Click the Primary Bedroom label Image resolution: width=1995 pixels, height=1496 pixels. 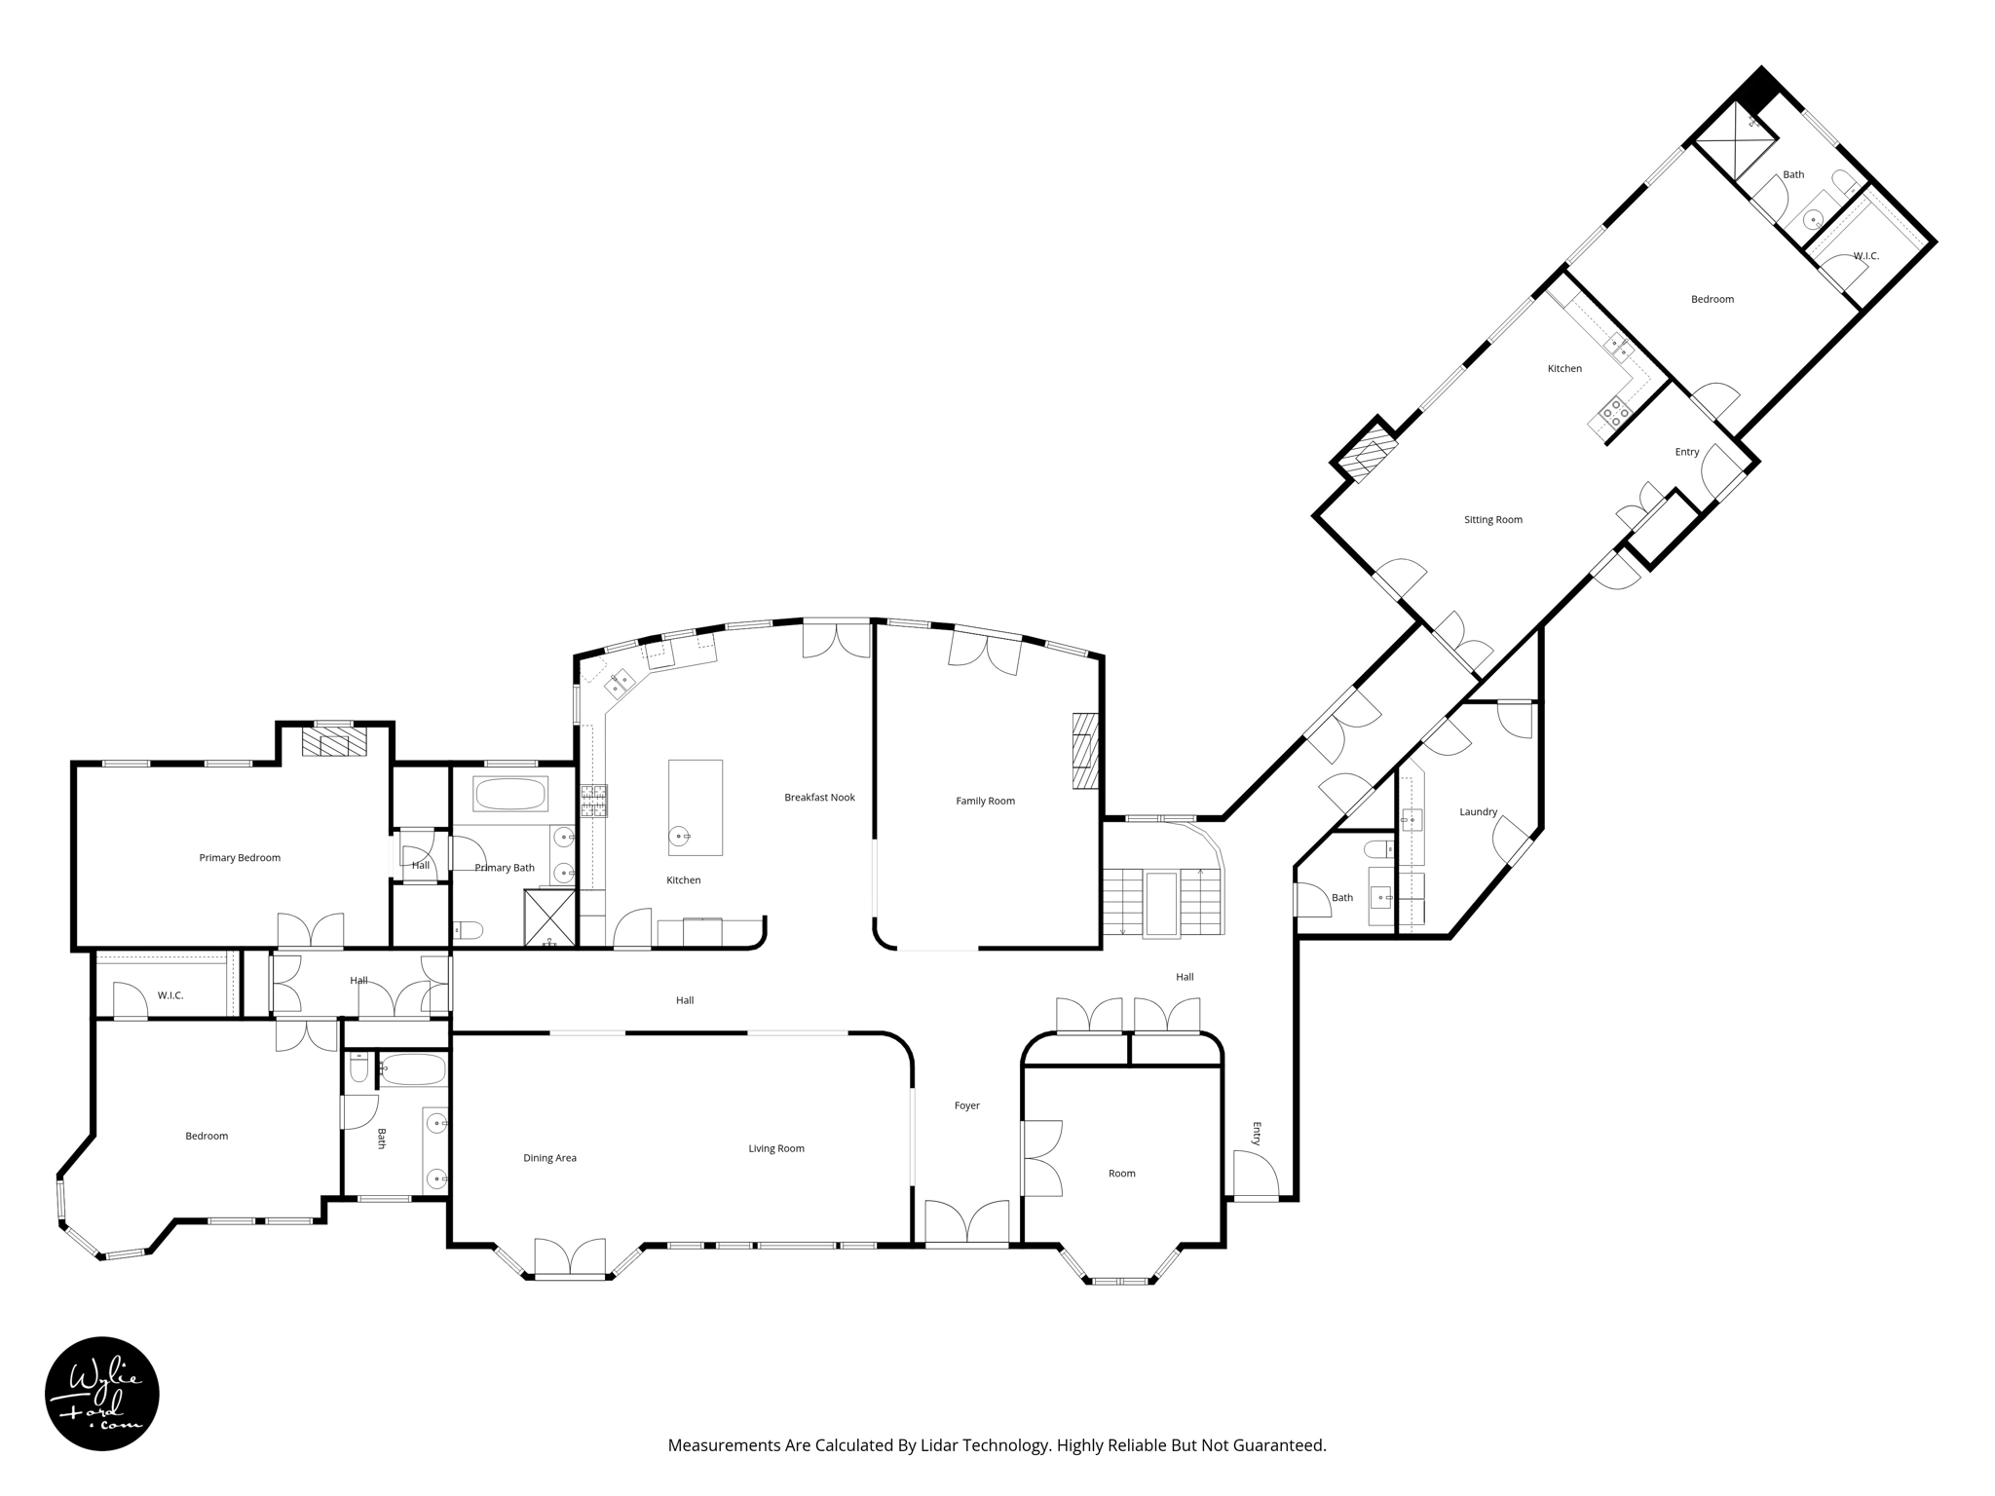click(240, 858)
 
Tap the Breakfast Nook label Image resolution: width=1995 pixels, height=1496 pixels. click(819, 798)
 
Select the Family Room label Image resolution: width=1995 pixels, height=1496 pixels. click(985, 802)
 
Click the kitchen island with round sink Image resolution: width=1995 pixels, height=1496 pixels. click(695, 807)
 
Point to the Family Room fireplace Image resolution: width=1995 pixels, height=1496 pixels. click(1084, 751)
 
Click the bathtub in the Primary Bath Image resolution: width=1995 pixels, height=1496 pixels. click(509, 794)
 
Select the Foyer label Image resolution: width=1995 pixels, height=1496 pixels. click(966, 1106)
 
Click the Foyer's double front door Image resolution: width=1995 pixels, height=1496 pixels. click(966, 1223)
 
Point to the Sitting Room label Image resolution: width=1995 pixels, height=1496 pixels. click(1492, 520)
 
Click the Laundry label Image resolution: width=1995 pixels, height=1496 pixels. click(1478, 812)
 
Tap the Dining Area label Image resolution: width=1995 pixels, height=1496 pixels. click(549, 1159)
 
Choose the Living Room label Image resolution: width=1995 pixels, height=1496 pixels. click(775, 1149)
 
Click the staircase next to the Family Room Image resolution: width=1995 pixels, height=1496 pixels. click(1162, 901)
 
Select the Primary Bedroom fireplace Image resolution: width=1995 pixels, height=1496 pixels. click(333, 744)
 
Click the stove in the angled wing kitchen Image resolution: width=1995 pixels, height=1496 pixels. click(1611, 415)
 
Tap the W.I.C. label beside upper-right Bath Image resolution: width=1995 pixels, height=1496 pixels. click(1865, 256)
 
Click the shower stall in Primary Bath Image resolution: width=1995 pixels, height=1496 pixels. click(549, 917)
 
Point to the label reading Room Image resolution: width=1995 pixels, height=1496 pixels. click(1121, 1174)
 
